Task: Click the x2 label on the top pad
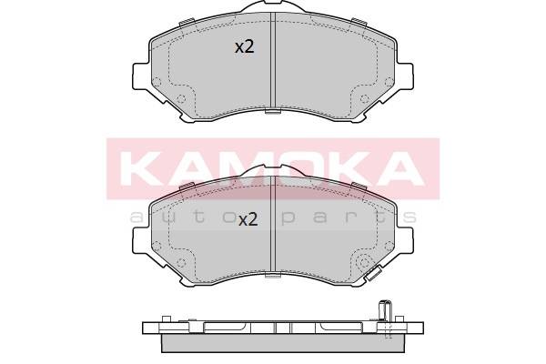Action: pyautogui.click(x=245, y=46)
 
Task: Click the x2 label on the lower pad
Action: pyautogui.click(x=248, y=220)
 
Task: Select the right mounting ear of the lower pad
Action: pyautogui.click(x=404, y=241)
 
